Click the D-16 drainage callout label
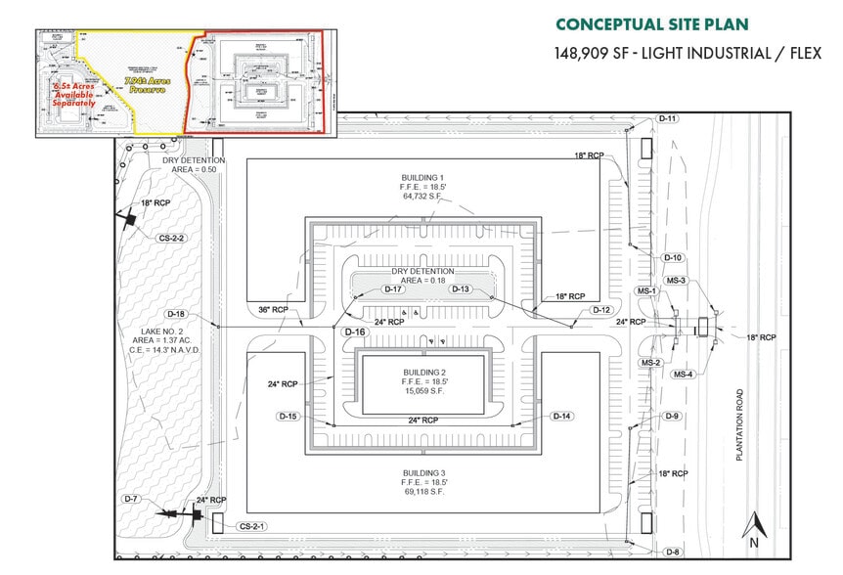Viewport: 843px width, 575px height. (354, 332)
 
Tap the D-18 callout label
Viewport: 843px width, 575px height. (176, 314)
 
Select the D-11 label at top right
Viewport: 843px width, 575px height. (668, 118)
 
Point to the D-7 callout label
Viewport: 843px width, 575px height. (133, 500)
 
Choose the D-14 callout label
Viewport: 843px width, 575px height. (561, 416)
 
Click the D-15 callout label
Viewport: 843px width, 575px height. (288, 416)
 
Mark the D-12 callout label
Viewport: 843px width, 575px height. (602, 310)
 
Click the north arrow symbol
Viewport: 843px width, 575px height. (754, 528)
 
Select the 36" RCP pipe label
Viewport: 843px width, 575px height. (273, 310)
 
